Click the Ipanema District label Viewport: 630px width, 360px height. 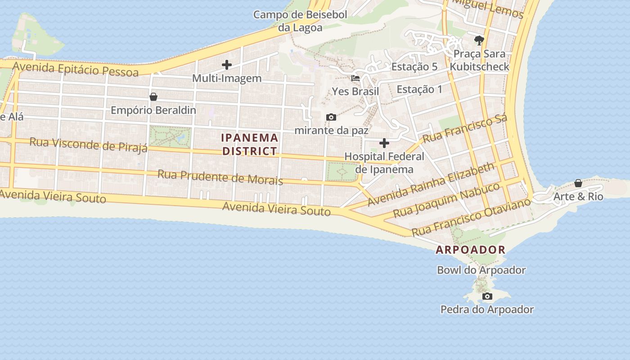coord(250,144)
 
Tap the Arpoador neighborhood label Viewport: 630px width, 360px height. coord(471,250)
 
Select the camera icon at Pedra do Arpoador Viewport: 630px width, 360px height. coord(487,297)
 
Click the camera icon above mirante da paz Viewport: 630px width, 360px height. coord(331,117)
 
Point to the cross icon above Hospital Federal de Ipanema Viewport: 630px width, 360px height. coord(384,143)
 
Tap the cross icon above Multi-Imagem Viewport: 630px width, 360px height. coord(227,65)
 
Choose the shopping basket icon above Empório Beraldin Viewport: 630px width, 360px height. coord(153,97)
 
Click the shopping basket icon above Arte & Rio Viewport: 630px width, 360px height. coord(578,184)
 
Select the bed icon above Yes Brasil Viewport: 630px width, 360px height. coord(355,78)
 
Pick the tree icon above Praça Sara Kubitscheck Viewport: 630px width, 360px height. coord(479,40)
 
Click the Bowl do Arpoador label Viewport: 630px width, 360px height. coord(481,270)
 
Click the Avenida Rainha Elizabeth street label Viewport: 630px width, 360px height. coord(431,185)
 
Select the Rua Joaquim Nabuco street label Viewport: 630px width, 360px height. coord(446,200)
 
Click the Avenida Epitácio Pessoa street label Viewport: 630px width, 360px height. coord(76,69)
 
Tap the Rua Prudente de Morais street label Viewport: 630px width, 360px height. coord(220,177)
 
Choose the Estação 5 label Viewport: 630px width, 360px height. coord(414,67)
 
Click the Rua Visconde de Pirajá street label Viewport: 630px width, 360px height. coord(89,144)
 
